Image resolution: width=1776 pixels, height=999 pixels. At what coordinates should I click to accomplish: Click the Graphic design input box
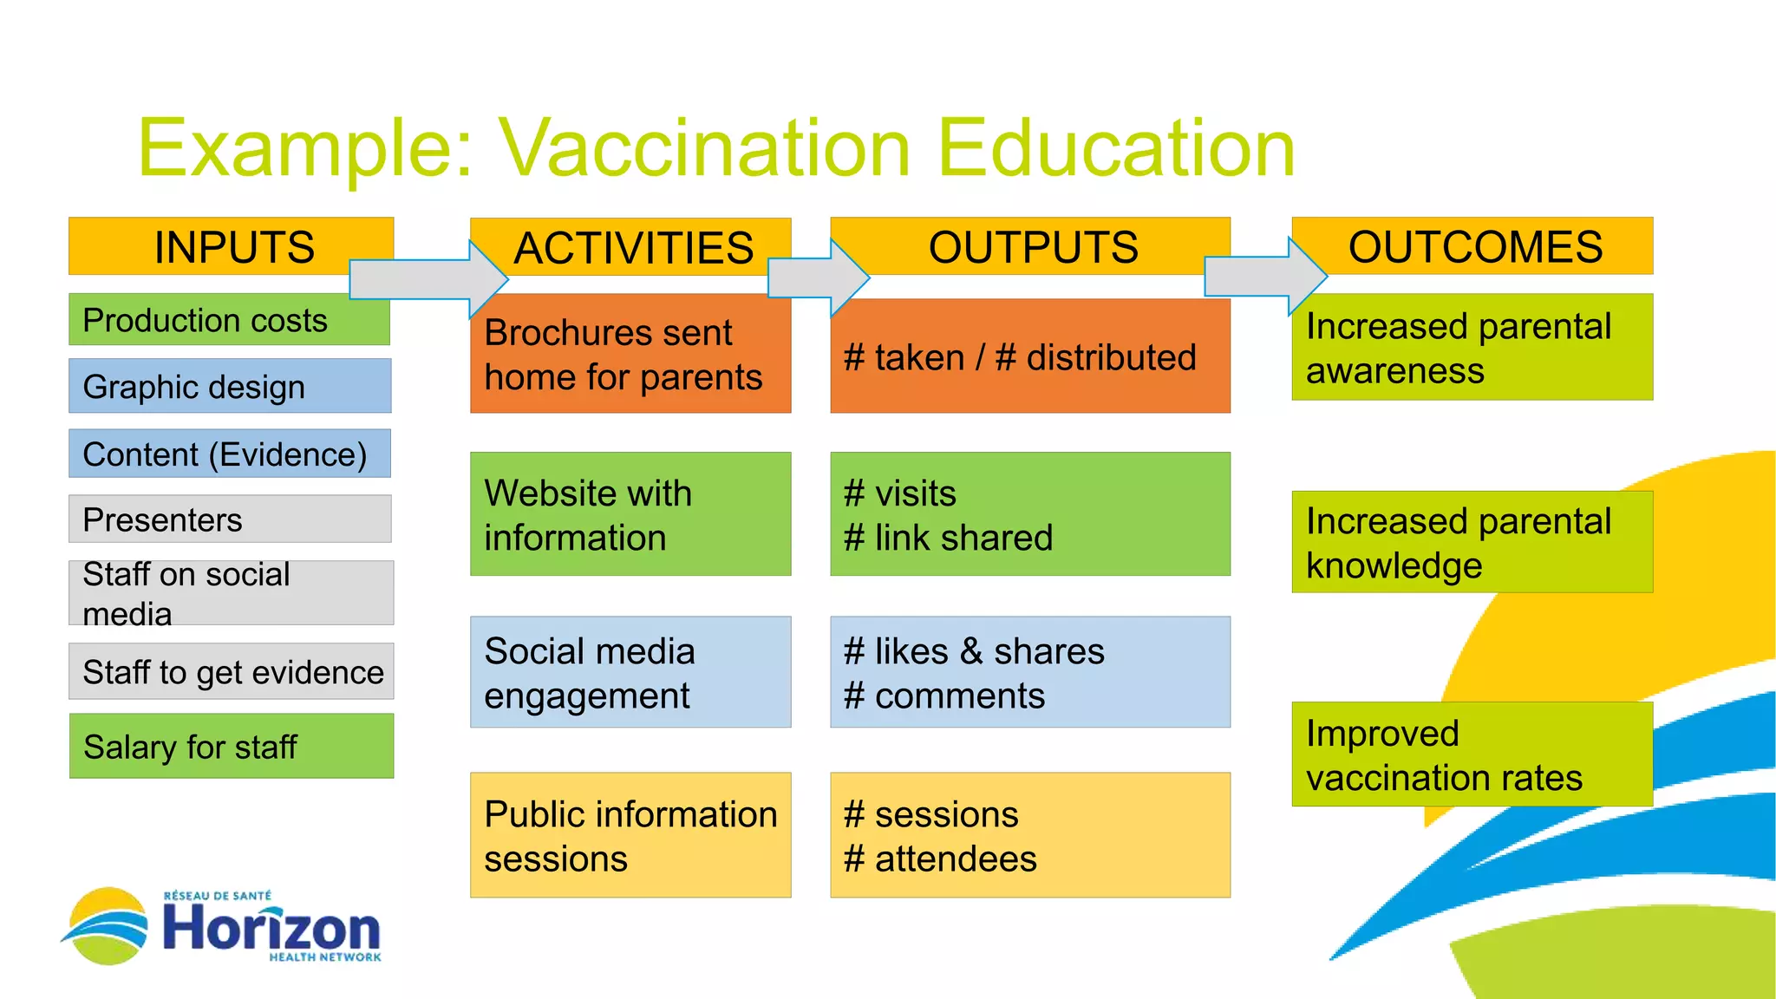tap(230, 386)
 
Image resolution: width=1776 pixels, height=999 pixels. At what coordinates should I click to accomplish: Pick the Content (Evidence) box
tap(230, 454)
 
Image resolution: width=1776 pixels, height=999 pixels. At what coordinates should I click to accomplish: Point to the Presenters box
tap(230, 519)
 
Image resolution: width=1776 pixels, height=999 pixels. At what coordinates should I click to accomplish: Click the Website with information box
tap(630, 514)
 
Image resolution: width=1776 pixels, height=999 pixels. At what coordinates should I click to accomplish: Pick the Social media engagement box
tap(630, 672)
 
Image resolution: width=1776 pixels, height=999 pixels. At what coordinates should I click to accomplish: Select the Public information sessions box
tap(630, 835)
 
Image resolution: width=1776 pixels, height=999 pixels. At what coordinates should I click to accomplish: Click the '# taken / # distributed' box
tap(1030, 357)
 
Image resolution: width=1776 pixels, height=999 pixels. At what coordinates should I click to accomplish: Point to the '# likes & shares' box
tap(1030, 672)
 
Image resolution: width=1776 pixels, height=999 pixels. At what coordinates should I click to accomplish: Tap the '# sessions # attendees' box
tap(1030, 835)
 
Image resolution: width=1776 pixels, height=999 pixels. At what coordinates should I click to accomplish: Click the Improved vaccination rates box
tap(1472, 754)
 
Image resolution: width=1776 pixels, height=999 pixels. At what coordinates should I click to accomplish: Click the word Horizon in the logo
tap(271, 928)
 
